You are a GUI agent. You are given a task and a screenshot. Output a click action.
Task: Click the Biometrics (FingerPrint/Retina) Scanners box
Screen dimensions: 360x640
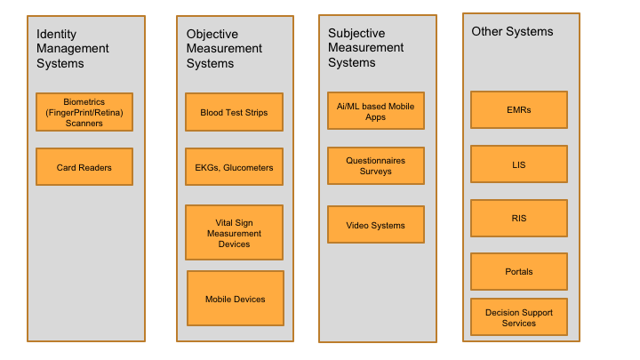84,112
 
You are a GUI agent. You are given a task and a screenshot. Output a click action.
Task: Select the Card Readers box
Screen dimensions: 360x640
84,167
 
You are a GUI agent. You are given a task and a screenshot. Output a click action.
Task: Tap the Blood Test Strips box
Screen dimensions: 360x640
234,112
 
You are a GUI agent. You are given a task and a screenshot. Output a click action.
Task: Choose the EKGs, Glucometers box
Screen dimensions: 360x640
234,167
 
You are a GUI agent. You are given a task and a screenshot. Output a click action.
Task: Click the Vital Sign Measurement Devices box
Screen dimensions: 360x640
234,233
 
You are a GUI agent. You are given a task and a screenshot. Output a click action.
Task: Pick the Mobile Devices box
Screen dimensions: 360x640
235,300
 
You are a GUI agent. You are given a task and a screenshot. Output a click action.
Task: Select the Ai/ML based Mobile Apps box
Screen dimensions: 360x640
375,111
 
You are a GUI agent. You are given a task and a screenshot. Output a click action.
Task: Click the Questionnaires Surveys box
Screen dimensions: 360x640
375,166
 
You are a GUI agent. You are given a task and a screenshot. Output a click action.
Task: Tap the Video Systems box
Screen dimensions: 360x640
375,225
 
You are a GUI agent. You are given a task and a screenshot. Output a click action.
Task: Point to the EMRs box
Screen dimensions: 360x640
518,109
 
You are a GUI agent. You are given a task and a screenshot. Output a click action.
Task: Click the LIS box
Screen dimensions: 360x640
518,164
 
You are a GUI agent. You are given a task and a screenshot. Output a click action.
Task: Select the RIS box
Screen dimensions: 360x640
518,218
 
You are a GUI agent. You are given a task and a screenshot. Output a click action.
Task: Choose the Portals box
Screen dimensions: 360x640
518,272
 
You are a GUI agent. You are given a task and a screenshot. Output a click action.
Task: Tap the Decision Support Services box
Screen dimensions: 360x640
518,317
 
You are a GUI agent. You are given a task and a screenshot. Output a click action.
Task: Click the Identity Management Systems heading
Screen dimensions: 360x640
73,49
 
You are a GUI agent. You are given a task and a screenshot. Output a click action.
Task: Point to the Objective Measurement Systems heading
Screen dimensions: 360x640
224,49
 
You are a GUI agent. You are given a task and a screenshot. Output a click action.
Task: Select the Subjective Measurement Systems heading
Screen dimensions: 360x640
365,48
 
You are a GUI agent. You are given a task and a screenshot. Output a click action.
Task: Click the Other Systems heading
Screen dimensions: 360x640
512,32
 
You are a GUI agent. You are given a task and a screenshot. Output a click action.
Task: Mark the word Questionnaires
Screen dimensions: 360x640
375,161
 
